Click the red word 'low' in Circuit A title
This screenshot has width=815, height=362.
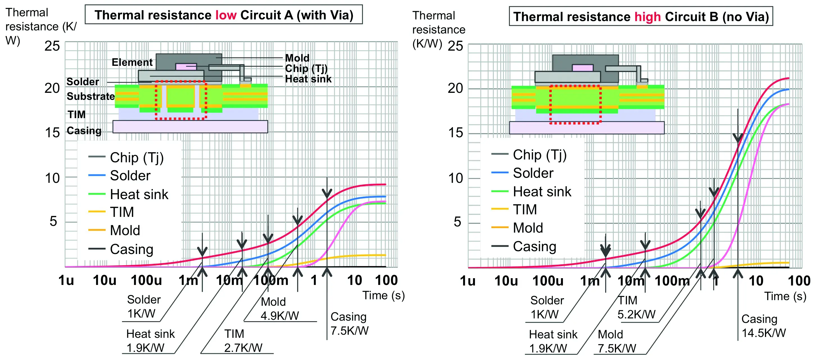[226, 15]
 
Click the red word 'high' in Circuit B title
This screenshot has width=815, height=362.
[648, 17]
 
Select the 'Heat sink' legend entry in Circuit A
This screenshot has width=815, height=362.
[128, 194]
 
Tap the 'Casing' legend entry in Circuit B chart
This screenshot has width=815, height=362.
[524, 246]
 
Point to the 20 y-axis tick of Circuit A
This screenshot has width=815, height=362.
[52, 88]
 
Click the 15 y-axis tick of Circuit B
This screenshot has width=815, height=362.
[456, 133]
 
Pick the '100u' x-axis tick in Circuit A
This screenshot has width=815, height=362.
[146, 280]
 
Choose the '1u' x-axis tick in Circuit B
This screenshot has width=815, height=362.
[468, 281]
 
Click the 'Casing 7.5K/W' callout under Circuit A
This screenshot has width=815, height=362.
[349, 323]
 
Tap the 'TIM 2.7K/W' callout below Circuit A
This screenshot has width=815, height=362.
[243, 340]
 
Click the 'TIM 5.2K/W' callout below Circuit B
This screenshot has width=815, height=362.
[636, 307]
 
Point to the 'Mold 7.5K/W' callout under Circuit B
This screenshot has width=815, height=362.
[617, 341]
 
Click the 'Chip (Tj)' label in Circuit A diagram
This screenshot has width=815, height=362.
[306, 68]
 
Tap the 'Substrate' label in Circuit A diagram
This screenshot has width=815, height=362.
[91, 96]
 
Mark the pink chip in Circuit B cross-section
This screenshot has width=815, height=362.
[583, 68]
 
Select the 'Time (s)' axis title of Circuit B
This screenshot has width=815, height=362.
[785, 296]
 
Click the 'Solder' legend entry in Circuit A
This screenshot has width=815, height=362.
[119, 176]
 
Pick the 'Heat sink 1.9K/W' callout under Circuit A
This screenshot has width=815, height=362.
[150, 340]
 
